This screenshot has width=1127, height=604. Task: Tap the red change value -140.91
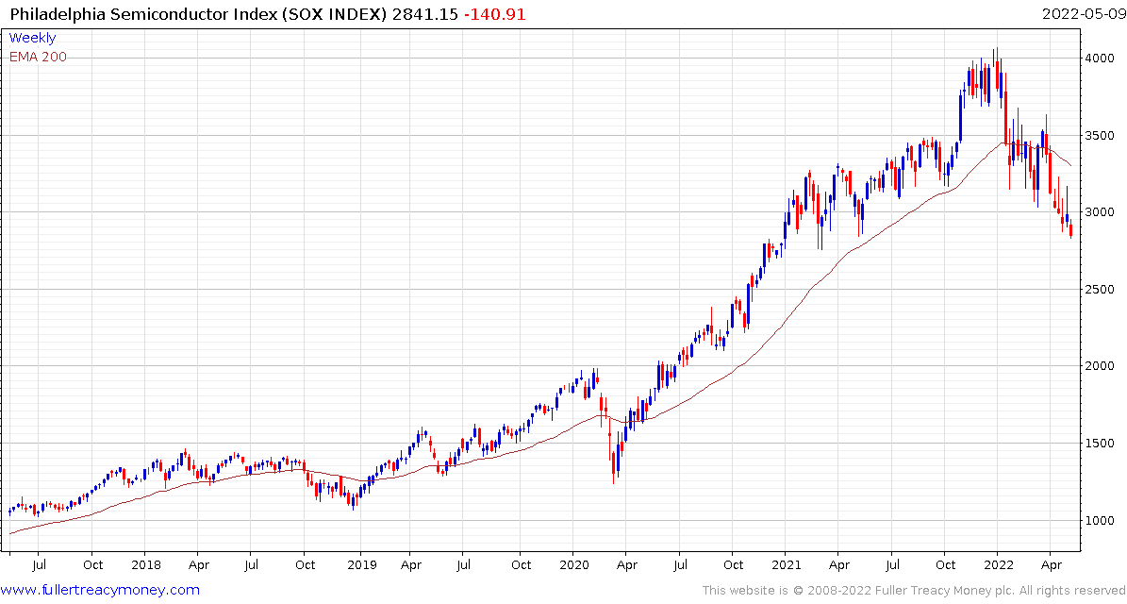495,14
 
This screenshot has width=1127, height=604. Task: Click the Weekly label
32,38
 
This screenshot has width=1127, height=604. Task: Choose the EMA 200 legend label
38,57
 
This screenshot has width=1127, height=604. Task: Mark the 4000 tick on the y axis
1100,59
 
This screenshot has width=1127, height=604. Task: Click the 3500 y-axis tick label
1100,136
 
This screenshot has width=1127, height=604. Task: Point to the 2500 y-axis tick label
1100,290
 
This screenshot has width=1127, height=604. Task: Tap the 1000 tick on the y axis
1100,520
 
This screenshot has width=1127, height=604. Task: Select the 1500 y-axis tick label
1100,444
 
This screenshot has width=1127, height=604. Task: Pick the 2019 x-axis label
361,564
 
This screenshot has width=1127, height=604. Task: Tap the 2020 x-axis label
572,564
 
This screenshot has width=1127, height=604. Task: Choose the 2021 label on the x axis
786,564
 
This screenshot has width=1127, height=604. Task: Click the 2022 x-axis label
998,564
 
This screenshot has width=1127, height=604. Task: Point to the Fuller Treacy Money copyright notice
912,591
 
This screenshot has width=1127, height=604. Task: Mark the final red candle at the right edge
1070,230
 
